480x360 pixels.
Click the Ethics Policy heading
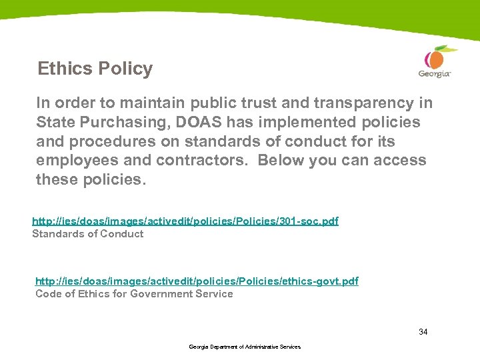click(95, 69)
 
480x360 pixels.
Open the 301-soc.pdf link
click(185, 221)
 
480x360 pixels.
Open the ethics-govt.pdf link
click(197, 281)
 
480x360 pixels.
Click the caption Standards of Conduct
click(87, 233)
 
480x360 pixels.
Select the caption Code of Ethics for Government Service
click(134, 294)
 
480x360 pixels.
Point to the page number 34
click(423, 331)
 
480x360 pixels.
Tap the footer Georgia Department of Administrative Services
click(245, 347)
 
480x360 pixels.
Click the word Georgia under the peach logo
click(434, 73)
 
